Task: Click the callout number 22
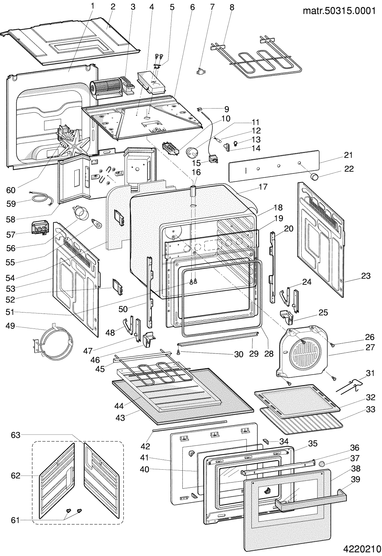pyautogui.click(x=349, y=169)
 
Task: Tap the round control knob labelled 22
pyautogui.click(x=314, y=177)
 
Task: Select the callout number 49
pyautogui.click(x=10, y=326)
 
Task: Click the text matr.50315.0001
pyautogui.click(x=339, y=11)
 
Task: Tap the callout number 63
pyautogui.click(x=15, y=435)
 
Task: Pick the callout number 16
pyautogui.click(x=196, y=172)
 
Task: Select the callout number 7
pyautogui.click(x=212, y=7)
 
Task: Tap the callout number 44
pyautogui.click(x=119, y=406)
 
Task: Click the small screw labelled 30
pyautogui.click(x=179, y=352)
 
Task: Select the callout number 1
pyautogui.click(x=93, y=6)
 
